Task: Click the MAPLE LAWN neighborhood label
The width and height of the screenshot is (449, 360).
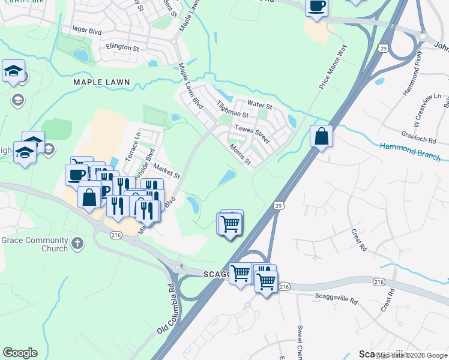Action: point(101,81)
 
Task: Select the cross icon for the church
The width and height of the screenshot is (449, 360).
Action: point(76,244)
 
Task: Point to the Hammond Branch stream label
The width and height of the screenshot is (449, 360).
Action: point(409,151)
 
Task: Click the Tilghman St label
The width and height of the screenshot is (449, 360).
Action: point(232,109)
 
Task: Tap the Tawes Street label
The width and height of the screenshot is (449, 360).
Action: point(252,130)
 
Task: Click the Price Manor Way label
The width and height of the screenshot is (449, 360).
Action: point(333,67)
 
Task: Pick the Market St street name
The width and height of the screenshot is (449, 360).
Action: point(166,172)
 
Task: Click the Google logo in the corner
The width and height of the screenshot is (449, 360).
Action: point(20,352)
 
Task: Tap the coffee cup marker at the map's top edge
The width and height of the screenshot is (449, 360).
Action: point(316,6)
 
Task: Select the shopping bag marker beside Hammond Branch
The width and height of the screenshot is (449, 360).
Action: point(322,136)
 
